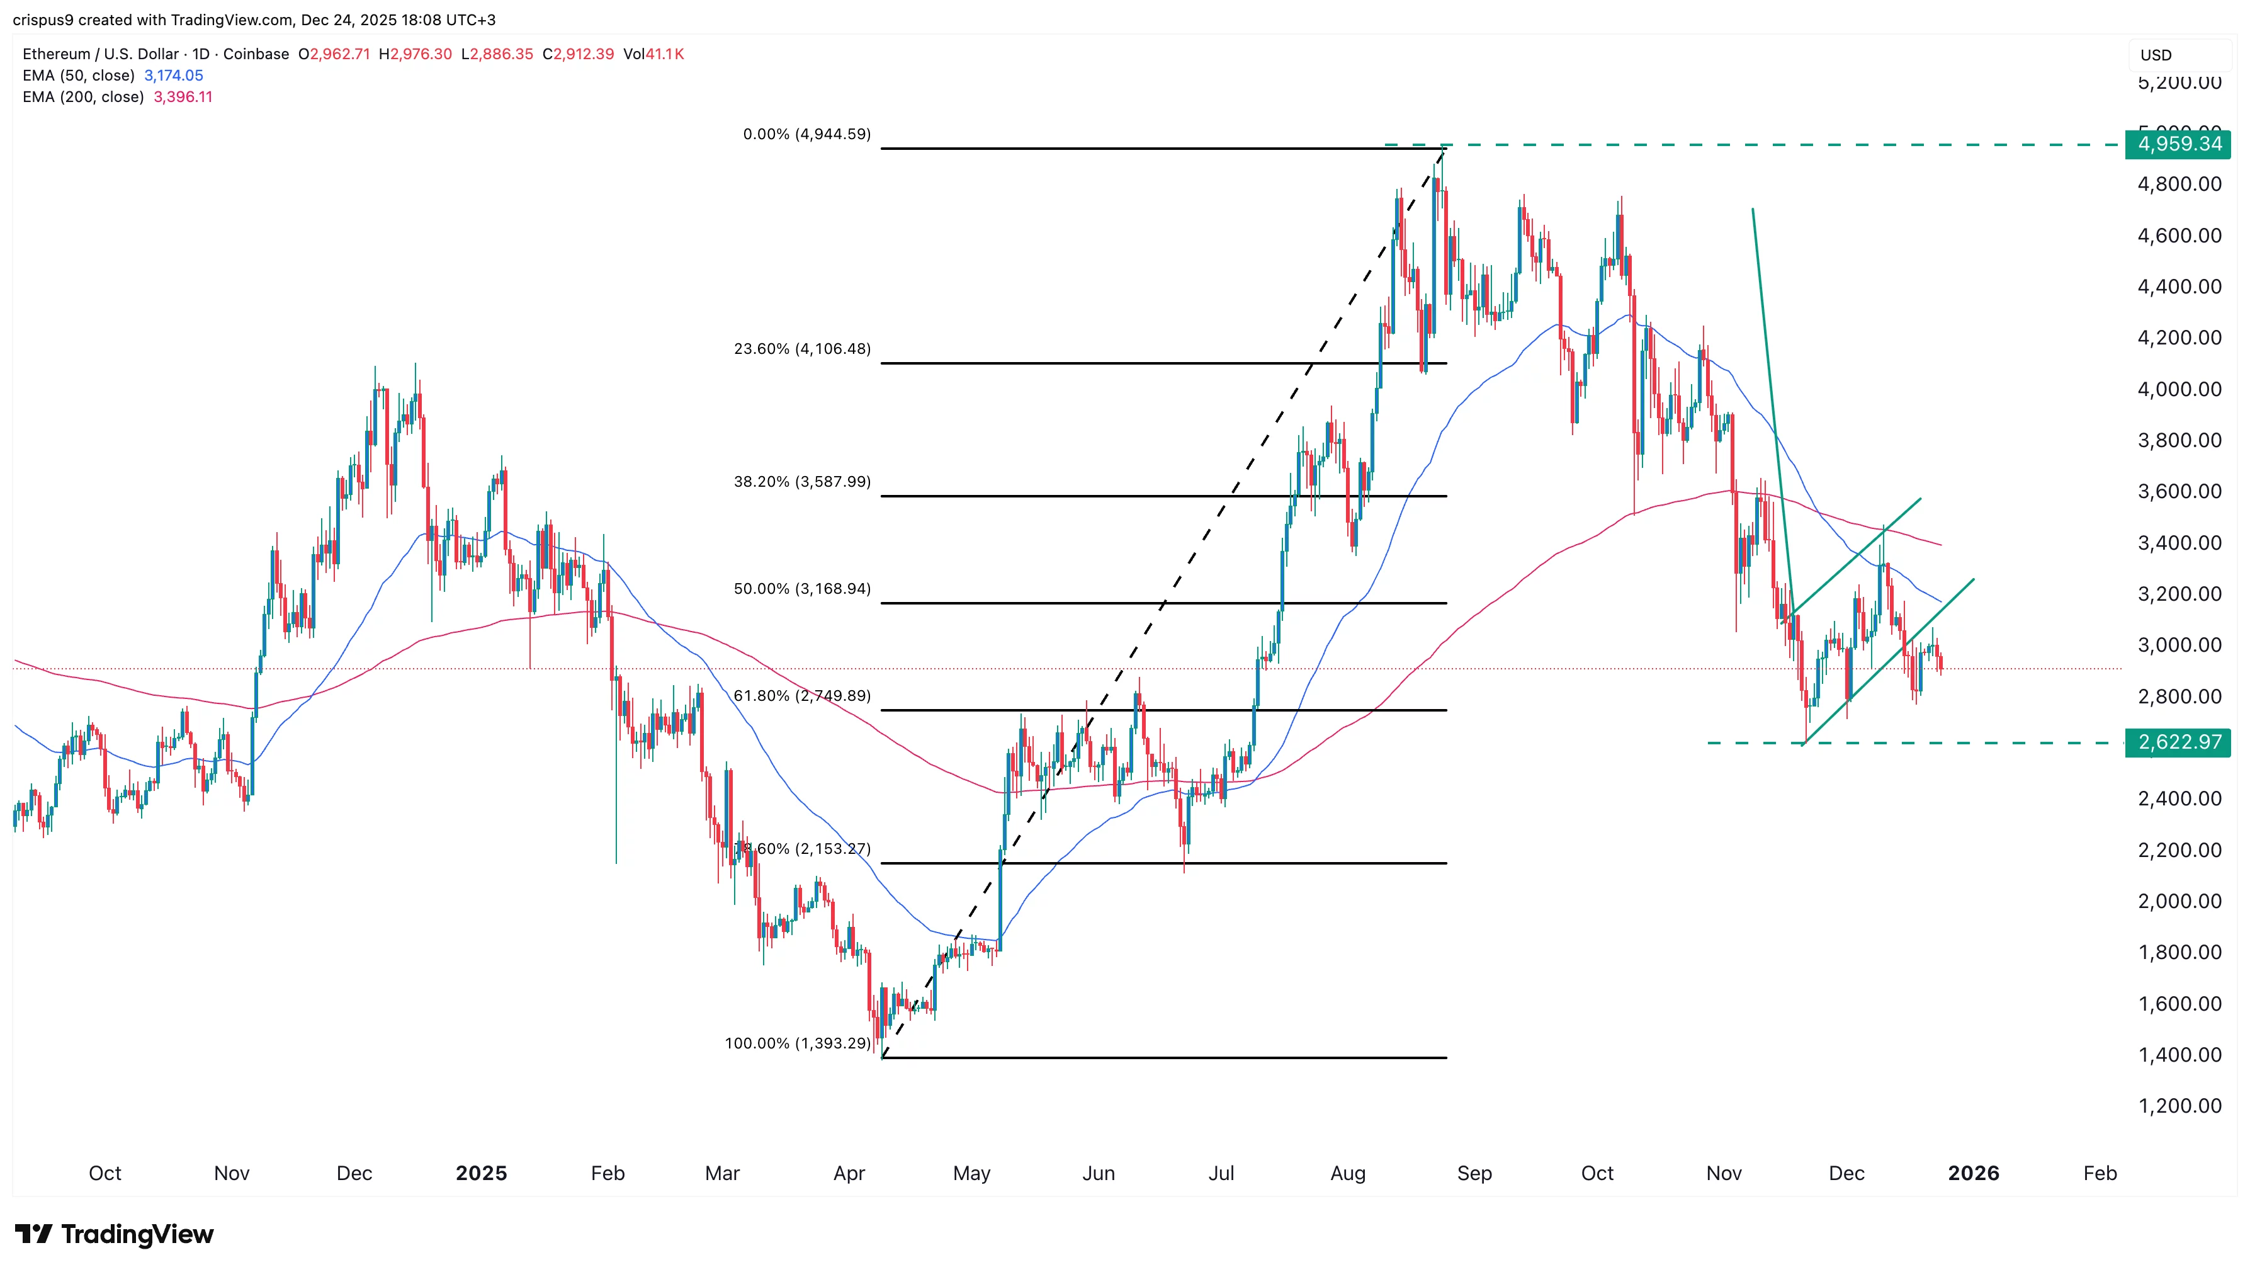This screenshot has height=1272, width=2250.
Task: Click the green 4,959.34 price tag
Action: click(2178, 144)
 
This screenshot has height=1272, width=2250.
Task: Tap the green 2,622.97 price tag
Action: click(2178, 742)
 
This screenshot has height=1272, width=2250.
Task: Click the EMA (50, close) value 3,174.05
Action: click(173, 75)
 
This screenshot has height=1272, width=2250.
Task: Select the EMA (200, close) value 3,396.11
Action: click(183, 97)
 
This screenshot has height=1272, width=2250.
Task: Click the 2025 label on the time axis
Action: click(481, 1173)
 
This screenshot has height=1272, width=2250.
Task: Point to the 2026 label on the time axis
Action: click(1973, 1173)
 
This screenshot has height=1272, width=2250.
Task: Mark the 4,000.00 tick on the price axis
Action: click(2179, 389)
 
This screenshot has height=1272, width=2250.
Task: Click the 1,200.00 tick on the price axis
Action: click(2179, 1106)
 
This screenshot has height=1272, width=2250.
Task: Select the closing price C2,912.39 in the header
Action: click(578, 54)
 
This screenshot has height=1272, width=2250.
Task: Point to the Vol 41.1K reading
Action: click(653, 54)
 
